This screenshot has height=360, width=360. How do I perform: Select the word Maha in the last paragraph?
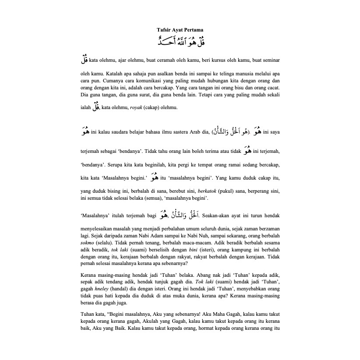(212, 314)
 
